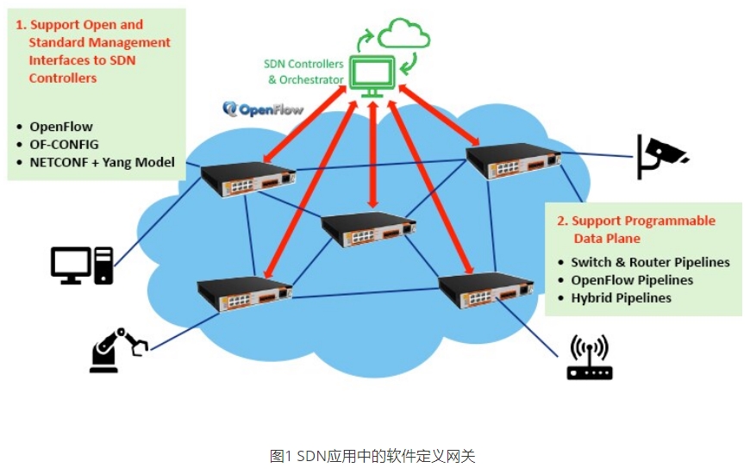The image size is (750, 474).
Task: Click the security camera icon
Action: pos(660,156)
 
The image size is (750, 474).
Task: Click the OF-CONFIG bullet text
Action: pos(64,144)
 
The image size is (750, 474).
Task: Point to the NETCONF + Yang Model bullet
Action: pos(102,162)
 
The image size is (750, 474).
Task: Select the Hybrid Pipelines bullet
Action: pos(621,298)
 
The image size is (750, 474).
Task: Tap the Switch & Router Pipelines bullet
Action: pos(650,262)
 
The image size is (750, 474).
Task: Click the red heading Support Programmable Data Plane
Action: pos(642,229)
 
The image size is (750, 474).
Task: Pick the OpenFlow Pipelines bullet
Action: pos(632,280)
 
